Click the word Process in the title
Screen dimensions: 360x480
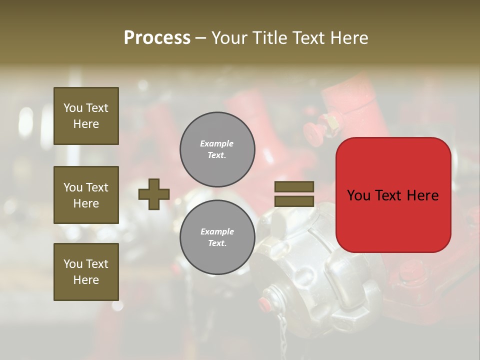157,38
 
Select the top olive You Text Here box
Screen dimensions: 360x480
86,116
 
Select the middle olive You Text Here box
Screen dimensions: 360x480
86,195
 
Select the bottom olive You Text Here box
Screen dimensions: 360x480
86,271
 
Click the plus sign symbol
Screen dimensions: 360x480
154,194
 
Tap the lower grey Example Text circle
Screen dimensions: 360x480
217,237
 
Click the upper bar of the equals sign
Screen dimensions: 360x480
294,186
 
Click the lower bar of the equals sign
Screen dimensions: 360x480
294,201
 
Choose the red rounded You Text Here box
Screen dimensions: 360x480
393,195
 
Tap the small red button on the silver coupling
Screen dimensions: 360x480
263,302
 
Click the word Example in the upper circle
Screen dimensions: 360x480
216,143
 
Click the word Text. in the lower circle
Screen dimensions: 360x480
217,243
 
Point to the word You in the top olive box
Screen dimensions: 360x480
72,108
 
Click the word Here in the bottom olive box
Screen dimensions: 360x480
86,280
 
